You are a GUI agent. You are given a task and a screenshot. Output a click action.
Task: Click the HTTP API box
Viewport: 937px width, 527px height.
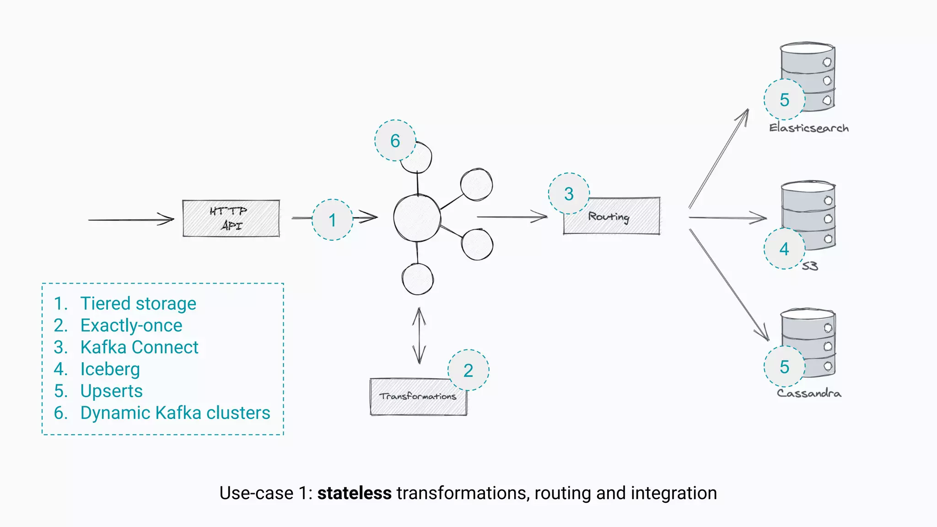click(231, 218)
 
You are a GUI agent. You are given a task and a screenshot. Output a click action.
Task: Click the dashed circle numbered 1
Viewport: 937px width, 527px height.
click(333, 220)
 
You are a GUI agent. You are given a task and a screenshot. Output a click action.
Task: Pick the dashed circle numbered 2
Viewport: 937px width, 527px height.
click(468, 370)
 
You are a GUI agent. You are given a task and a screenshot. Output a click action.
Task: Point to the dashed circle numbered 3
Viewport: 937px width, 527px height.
click(569, 194)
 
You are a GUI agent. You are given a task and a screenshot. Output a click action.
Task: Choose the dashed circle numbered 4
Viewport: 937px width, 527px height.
click(784, 249)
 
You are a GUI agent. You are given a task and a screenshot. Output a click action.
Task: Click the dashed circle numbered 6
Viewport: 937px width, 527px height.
click(395, 140)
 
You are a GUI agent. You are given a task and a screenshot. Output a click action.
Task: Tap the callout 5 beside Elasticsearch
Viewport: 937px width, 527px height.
click(784, 100)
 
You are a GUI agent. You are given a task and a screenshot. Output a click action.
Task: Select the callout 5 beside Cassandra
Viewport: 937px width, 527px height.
click(784, 367)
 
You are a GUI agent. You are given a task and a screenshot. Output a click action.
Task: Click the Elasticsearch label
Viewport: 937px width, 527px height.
click(808, 128)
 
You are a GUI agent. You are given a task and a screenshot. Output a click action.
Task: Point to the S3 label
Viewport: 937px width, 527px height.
click(809, 266)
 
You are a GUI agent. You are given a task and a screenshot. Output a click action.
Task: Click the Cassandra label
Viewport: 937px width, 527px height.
click(808, 393)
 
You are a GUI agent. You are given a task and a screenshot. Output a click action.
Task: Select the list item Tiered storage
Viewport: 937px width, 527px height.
click(138, 304)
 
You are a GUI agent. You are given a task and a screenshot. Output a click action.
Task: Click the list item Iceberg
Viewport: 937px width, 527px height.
click(110, 369)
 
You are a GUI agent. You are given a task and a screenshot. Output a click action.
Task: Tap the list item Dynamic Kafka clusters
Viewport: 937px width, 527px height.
click(175, 413)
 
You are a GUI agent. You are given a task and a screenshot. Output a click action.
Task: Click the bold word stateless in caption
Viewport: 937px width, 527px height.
click(354, 493)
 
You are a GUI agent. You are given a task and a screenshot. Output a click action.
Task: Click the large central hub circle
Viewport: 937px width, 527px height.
click(417, 218)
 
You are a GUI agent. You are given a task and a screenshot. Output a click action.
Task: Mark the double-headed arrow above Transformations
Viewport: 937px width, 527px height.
click(419, 336)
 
